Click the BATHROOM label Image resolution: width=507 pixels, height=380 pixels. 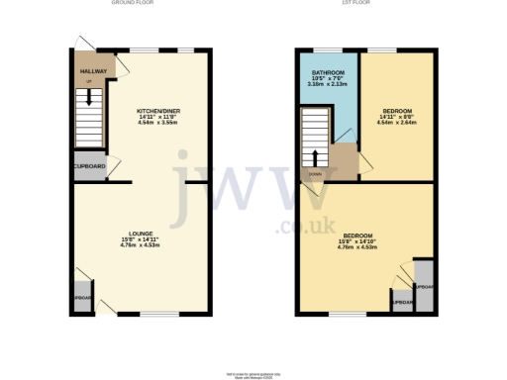(327, 73)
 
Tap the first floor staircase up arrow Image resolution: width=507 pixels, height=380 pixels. (316, 155)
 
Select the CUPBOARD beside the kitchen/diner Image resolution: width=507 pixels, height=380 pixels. (89, 166)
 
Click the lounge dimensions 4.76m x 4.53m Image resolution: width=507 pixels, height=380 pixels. (140, 245)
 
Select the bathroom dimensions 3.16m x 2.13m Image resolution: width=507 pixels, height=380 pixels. (327, 85)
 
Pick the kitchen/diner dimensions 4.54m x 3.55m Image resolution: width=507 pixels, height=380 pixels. (159, 122)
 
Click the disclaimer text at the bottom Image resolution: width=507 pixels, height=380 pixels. (253, 371)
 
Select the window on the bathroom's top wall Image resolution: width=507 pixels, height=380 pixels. (328, 48)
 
